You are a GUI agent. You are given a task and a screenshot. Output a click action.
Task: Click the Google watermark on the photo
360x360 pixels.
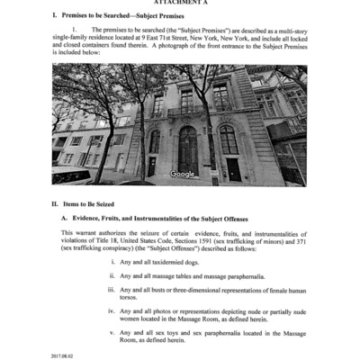(x=183, y=174)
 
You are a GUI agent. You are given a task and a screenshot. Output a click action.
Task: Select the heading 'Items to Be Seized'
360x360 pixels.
(x=96, y=204)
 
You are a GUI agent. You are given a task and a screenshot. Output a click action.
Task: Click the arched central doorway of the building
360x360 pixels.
(x=187, y=148)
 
